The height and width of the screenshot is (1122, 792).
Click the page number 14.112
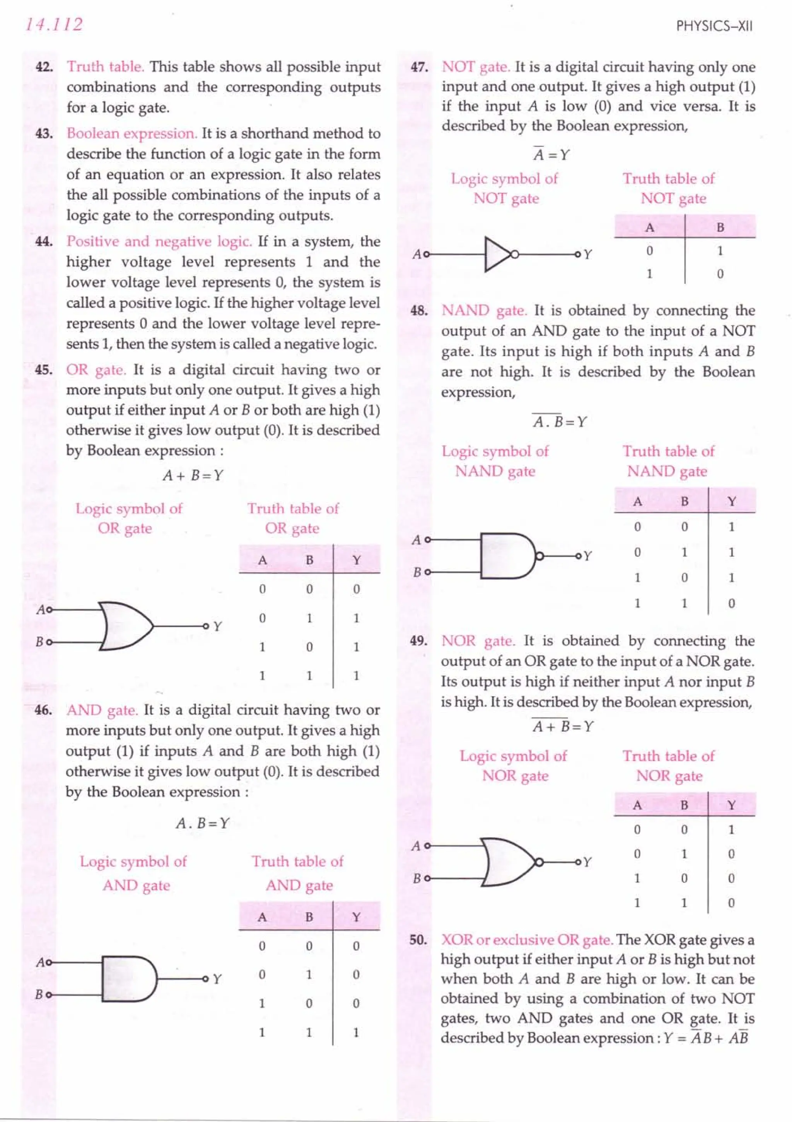[x=54, y=24]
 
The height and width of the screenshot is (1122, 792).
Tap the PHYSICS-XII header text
[x=714, y=26]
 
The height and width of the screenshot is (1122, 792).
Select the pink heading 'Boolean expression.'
[x=132, y=133]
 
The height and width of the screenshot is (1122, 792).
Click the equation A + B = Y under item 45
[x=193, y=475]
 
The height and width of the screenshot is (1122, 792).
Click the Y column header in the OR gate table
[x=357, y=560]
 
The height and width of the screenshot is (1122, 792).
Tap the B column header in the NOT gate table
[x=720, y=227]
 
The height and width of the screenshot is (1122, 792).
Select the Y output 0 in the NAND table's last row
[x=731, y=604]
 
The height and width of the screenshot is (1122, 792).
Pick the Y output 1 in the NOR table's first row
[x=731, y=829]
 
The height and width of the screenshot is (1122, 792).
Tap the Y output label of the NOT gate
[x=588, y=255]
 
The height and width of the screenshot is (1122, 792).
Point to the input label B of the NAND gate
[x=416, y=572]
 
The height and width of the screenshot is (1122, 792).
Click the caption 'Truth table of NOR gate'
[x=668, y=766]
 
